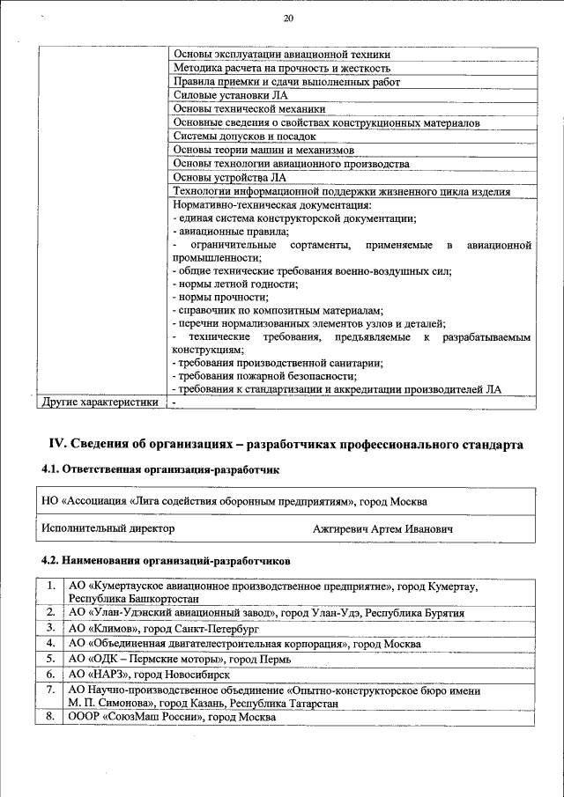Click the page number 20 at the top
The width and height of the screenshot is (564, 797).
click(x=287, y=19)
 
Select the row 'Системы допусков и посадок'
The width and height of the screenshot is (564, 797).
click(x=244, y=137)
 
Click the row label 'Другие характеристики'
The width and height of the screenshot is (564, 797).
click(x=100, y=402)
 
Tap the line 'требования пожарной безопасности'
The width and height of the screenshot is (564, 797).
click(x=263, y=376)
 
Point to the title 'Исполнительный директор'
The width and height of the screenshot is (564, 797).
click(x=108, y=528)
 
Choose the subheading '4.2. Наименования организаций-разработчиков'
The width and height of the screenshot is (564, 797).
click(x=166, y=560)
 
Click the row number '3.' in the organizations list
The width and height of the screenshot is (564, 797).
click(x=52, y=628)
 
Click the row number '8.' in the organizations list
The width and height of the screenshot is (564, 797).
click(x=52, y=718)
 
